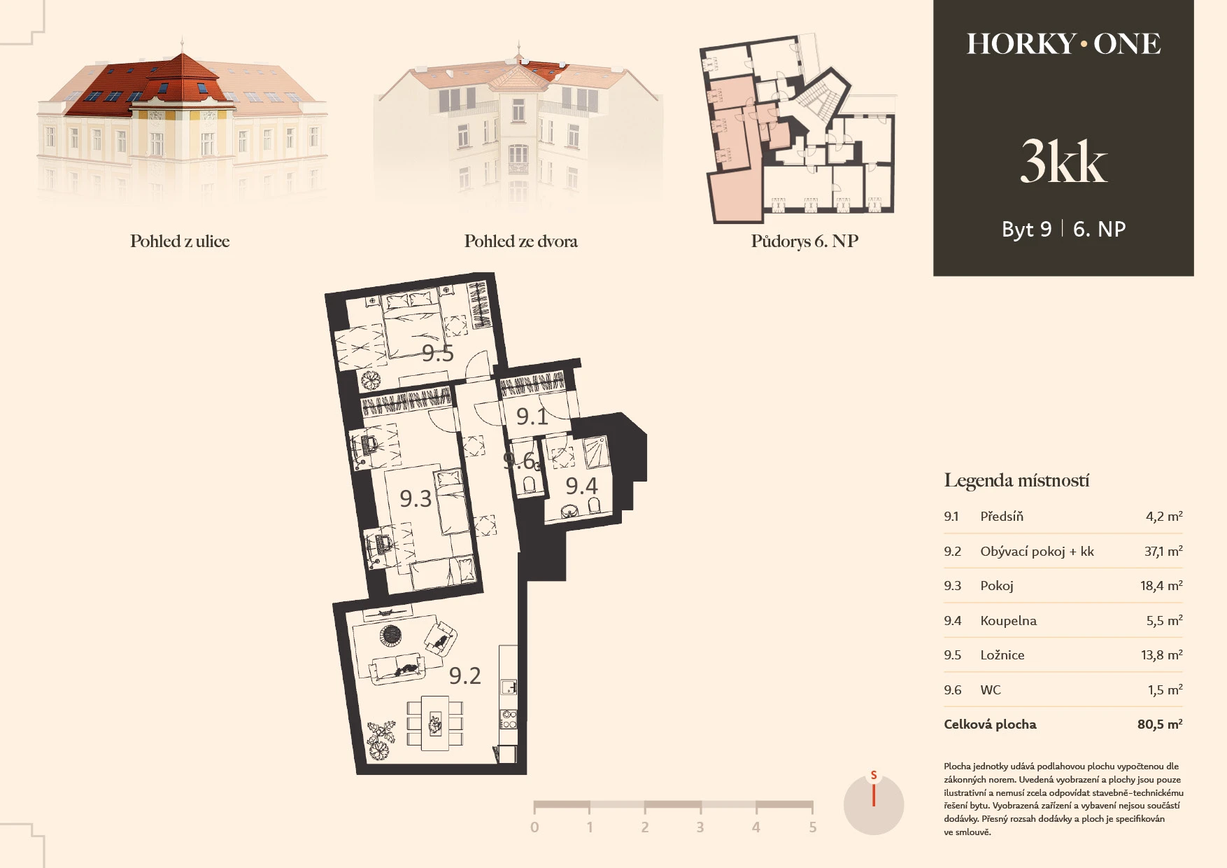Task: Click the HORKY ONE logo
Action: pos(1063,43)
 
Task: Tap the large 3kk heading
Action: pos(1063,161)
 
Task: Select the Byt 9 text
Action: pos(1026,229)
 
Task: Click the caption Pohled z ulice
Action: pos(180,241)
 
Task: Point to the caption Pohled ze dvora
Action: pos(521,241)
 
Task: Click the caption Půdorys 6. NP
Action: pos(804,241)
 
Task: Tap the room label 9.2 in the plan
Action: pos(465,675)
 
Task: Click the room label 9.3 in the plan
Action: pos(416,498)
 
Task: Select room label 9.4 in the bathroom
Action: pos(582,486)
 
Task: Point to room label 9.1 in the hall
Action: pos(532,416)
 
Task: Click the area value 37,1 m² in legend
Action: pos(1163,551)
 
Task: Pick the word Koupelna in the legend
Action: pos(1008,621)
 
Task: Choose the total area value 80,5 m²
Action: pos(1160,724)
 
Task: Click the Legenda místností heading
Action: pos(1016,480)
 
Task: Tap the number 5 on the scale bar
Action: pos(812,827)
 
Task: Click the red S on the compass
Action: pos(874,776)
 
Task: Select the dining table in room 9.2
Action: pos(435,723)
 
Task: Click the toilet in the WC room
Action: pos(530,483)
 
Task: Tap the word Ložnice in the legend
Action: pos(1002,655)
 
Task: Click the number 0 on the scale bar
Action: pos(534,827)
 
